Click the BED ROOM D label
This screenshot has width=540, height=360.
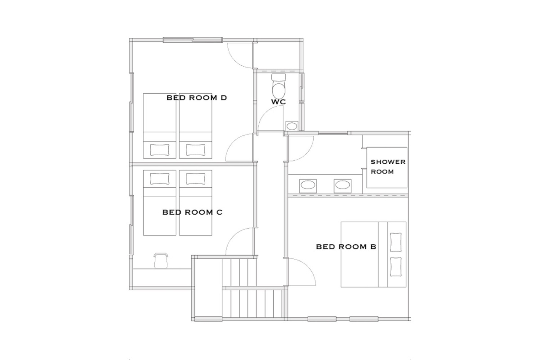(x=197, y=98)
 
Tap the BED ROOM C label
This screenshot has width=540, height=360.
(x=193, y=212)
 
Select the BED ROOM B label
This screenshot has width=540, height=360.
(x=346, y=247)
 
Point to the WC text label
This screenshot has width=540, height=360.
(x=279, y=102)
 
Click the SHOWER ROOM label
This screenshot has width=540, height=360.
(x=388, y=166)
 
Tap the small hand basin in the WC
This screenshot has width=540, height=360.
(x=292, y=126)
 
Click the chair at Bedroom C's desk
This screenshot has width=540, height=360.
(x=161, y=261)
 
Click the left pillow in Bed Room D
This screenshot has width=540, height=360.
(x=160, y=150)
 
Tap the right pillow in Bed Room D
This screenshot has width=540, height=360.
(x=195, y=150)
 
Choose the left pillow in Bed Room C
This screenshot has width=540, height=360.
(x=160, y=179)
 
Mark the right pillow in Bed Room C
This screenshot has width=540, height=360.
(x=195, y=179)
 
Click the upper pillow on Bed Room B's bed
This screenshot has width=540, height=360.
(x=396, y=243)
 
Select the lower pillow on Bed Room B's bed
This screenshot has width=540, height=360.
(x=396, y=267)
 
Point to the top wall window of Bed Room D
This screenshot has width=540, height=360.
(x=193, y=40)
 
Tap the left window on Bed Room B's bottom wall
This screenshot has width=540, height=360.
(x=322, y=319)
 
